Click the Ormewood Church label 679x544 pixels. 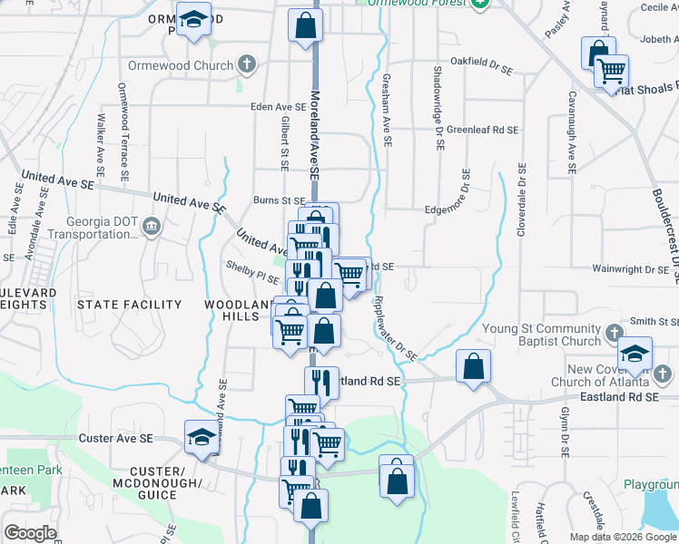click(189, 66)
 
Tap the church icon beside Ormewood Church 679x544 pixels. click(246, 65)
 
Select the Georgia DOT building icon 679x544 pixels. click(152, 226)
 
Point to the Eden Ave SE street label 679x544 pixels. click(279, 107)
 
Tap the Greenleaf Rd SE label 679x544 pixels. click(482, 130)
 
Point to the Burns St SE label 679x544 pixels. click(280, 200)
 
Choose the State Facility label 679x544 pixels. click(123, 305)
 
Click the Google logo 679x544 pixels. click(31, 531)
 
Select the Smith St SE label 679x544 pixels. click(654, 321)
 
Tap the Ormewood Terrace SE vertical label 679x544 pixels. click(123, 127)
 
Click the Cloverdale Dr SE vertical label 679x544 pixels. click(522, 199)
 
